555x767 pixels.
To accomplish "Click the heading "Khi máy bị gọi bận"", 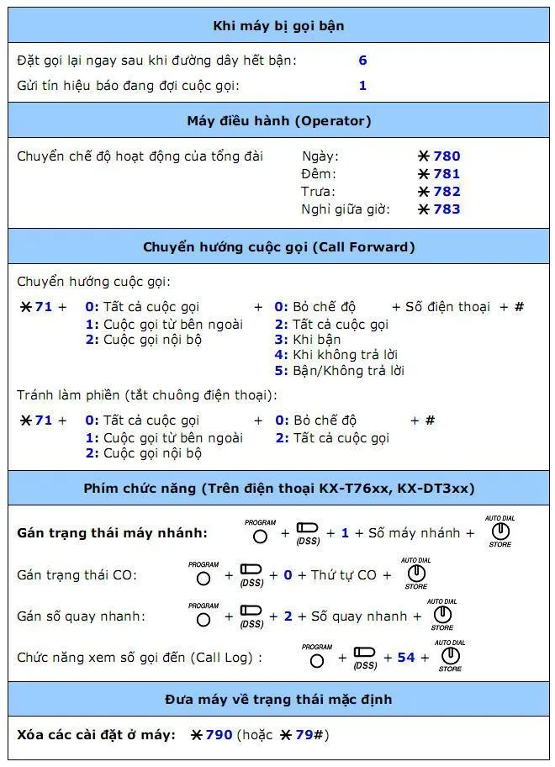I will click(x=278, y=25).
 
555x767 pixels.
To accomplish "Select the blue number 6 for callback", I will click(x=362, y=61).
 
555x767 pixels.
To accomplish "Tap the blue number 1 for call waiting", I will click(x=362, y=85).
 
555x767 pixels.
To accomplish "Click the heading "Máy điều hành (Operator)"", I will click(x=278, y=120).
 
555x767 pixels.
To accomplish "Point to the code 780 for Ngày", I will click(x=447, y=156).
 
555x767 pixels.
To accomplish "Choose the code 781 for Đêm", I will click(x=447, y=174).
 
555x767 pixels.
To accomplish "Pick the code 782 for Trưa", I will click(x=447, y=192).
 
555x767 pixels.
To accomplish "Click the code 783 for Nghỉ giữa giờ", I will click(x=447, y=209).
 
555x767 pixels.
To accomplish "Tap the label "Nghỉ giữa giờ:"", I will click(x=346, y=209).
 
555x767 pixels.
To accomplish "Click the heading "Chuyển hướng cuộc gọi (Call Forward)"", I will click(x=278, y=247).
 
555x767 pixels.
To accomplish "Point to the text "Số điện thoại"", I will click(x=447, y=307).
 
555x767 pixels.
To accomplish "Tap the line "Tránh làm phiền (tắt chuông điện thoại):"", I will click(x=147, y=395).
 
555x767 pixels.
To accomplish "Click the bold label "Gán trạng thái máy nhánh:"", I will click(x=112, y=533).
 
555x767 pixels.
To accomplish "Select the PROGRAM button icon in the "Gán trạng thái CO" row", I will click(x=203, y=579).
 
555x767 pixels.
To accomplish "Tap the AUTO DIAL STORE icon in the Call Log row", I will click(x=450, y=655).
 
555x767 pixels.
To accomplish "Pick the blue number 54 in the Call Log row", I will click(x=406, y=658).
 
